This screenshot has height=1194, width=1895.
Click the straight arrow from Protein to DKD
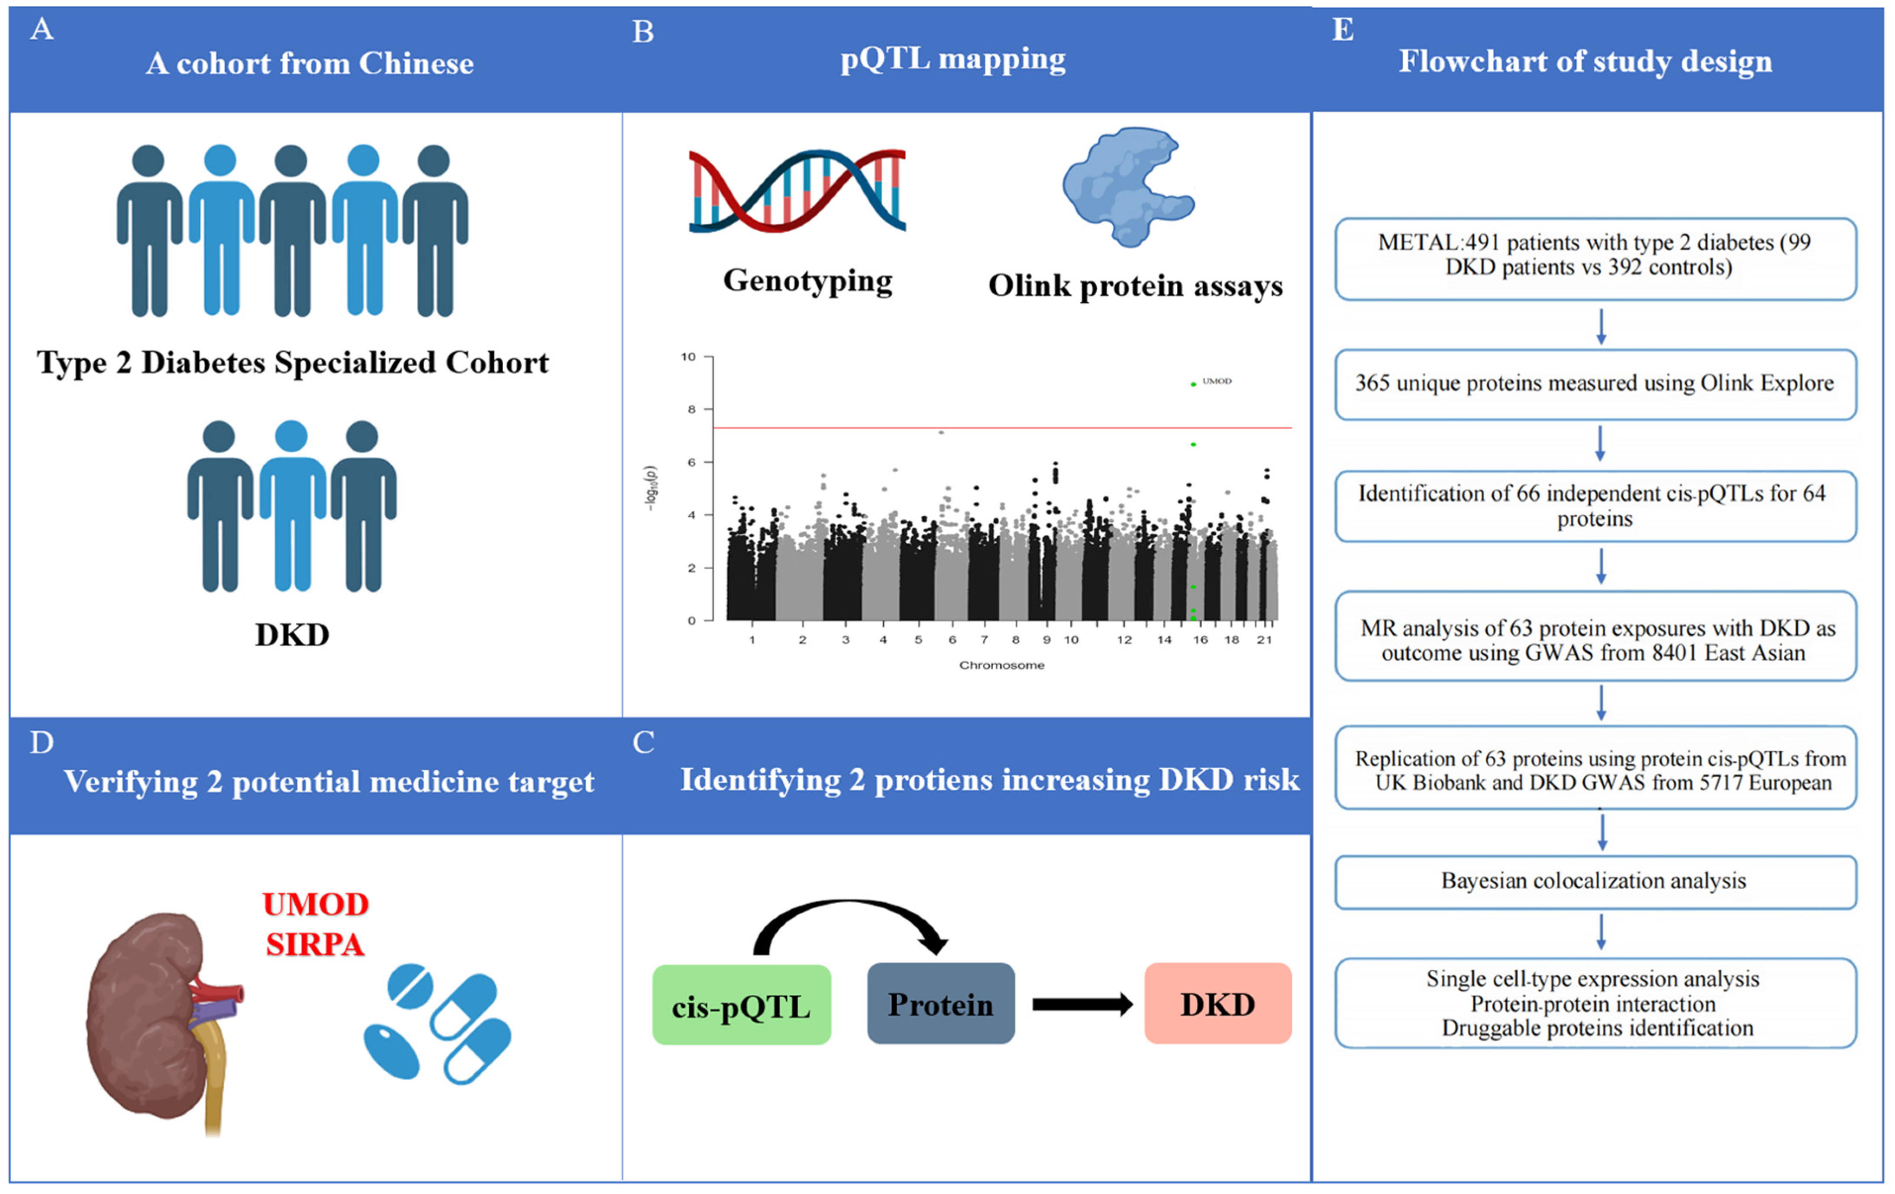pos(1082,1004)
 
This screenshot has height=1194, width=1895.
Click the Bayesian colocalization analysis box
pos(1595,881)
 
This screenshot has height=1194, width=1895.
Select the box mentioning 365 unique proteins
pos(1595,383)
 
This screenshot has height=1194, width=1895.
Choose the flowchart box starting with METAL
pos(1595,255)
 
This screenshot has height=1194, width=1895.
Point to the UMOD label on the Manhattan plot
pos(1217,381)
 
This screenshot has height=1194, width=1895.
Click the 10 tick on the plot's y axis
pos(688,357)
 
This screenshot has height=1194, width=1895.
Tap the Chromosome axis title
pos(1001,665)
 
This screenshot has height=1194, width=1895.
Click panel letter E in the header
pos(1343,30)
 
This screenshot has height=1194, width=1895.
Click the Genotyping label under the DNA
pos(807,280)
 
